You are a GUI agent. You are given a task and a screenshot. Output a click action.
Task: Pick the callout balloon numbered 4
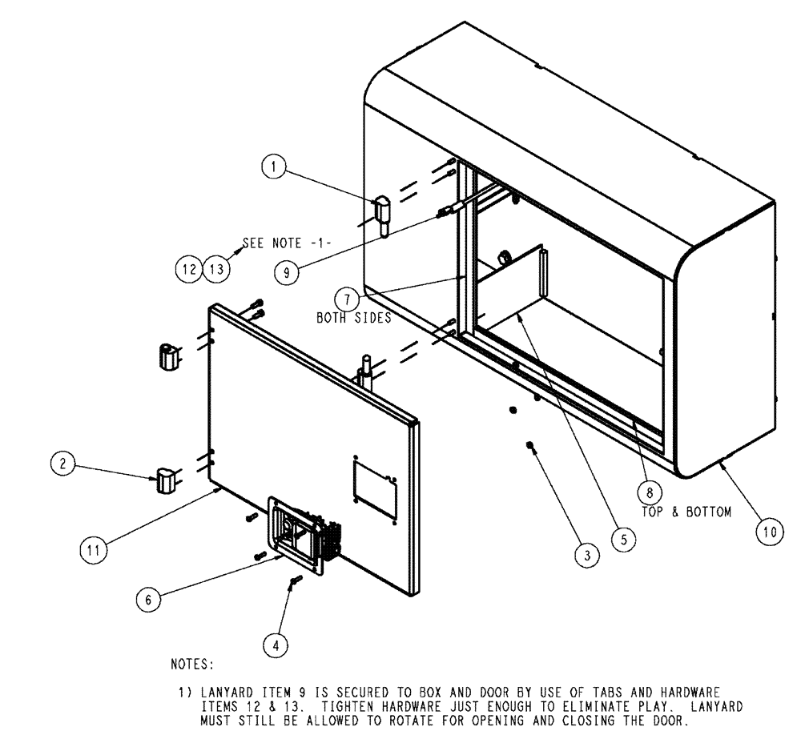[x=275, y=642]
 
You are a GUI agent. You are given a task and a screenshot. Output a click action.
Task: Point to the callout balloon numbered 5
[x=622, y=539]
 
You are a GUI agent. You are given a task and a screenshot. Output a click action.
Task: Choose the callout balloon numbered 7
[x=347, y=299]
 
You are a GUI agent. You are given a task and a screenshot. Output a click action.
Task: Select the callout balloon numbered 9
[x=286, y=271]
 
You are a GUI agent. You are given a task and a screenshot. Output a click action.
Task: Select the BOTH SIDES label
[x=353, y=318]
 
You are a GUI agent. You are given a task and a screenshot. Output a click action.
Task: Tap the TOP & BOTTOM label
[x=686, y=512]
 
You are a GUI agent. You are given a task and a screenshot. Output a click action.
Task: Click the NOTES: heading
[x=192, y=664]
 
